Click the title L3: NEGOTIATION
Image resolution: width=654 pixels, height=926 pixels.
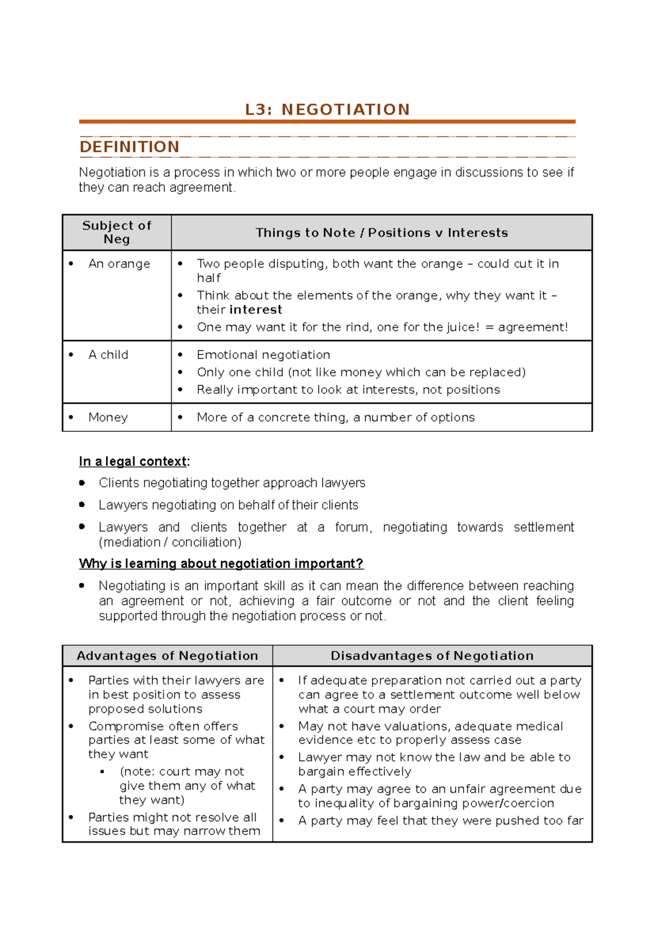coord(327,110)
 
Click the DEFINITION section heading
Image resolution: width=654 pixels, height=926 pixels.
coord(129,147)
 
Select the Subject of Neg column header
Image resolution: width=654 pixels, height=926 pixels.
coord(117,232)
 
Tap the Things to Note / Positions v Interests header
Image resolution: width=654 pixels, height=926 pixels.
coord(381,233)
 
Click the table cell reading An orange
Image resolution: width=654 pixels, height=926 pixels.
coord(119,264)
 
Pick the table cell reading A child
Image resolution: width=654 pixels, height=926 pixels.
coord(108,355)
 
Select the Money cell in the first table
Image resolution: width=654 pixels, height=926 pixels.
coord(108,418)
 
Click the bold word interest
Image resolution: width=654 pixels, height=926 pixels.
coord(256,310)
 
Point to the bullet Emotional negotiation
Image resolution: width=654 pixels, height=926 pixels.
coord(263,355)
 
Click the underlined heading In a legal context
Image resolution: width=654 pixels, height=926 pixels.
coord(134,461)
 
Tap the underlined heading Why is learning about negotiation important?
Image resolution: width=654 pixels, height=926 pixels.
coord(221,563)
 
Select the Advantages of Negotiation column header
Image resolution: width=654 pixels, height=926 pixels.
coord(167,656)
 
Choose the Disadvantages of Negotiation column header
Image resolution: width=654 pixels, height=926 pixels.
coord(432,656)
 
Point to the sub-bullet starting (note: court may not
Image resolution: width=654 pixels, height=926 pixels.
coord(182,772)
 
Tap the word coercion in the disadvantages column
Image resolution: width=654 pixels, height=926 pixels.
coord(530,803)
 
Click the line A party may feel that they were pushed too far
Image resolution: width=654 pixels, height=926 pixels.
coord(440,821)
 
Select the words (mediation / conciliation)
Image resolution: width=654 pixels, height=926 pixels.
coord(170,542)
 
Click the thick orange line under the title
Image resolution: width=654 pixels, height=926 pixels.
coord(327,122)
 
